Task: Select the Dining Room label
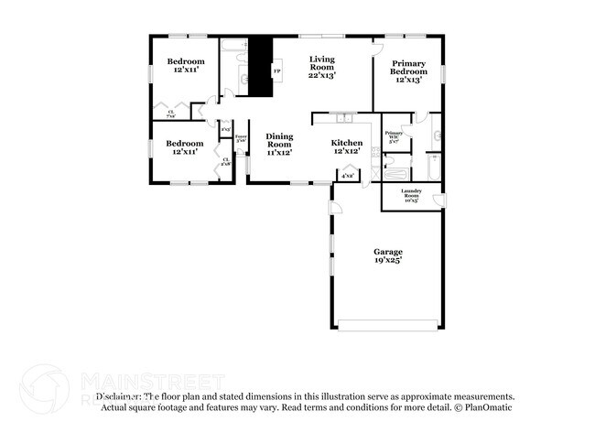[x=279, y=143]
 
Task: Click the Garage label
[x=387, y=252]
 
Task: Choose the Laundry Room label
[x=411, y=194]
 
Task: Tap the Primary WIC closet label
[x=394, y=137]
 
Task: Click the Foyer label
[x=241, y=138]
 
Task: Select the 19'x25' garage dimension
[x=387, y=261]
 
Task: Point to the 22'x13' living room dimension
[x=321, y=75]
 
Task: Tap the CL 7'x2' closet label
[x=171, y=115]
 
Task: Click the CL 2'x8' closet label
[x=225, y=162]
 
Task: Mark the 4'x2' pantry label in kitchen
[x=348, y=175]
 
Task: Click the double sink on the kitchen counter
[x=344, y=117]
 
